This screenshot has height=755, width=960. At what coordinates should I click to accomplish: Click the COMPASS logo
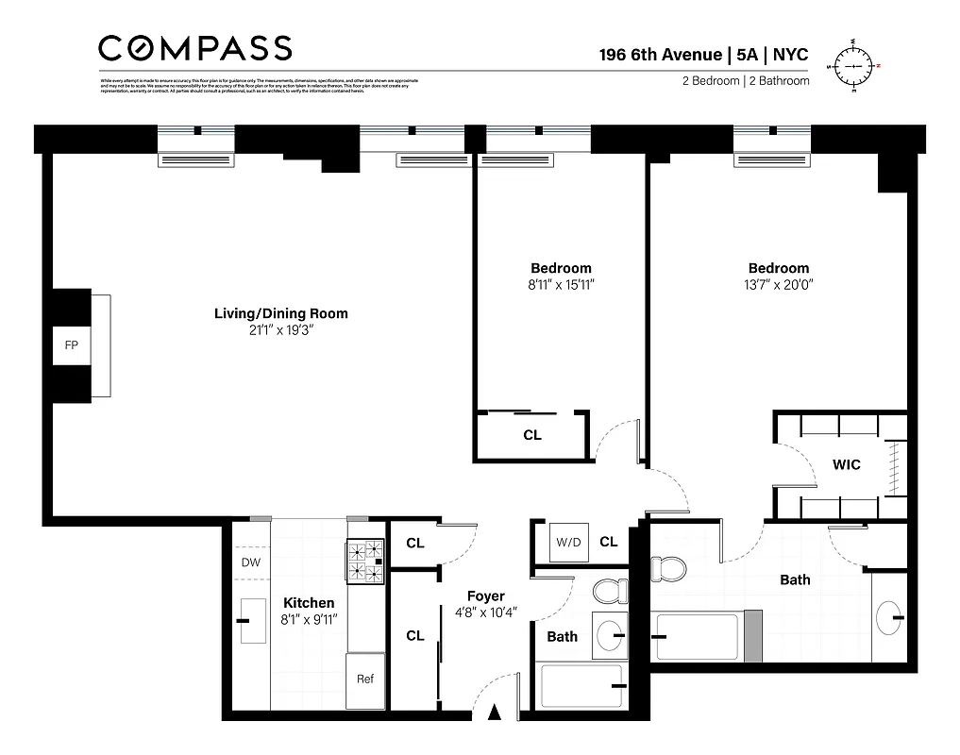195,48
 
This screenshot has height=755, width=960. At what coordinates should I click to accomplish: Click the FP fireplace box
71,345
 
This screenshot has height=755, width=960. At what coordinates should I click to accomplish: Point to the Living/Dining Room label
280,313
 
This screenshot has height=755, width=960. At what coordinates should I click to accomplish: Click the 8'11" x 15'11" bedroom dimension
561,284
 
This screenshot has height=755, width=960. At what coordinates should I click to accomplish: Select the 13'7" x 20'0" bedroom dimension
778,284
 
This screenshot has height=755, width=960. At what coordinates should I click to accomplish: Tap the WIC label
845,465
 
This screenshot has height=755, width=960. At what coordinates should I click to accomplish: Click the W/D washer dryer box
568,542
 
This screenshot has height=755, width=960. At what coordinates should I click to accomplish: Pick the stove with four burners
365,562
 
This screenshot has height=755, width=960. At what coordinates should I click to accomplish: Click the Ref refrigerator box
364,679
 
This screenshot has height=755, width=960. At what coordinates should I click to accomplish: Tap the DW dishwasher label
250,562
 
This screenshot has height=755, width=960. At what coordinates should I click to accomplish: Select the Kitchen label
309,603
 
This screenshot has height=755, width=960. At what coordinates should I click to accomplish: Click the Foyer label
485,596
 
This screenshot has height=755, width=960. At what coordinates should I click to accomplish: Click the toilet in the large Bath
669,568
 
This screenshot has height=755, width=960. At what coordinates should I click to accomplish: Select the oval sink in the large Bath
888,618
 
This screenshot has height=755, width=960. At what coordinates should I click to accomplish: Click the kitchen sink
253,621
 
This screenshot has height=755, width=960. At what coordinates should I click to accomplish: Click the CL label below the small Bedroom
532,435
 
